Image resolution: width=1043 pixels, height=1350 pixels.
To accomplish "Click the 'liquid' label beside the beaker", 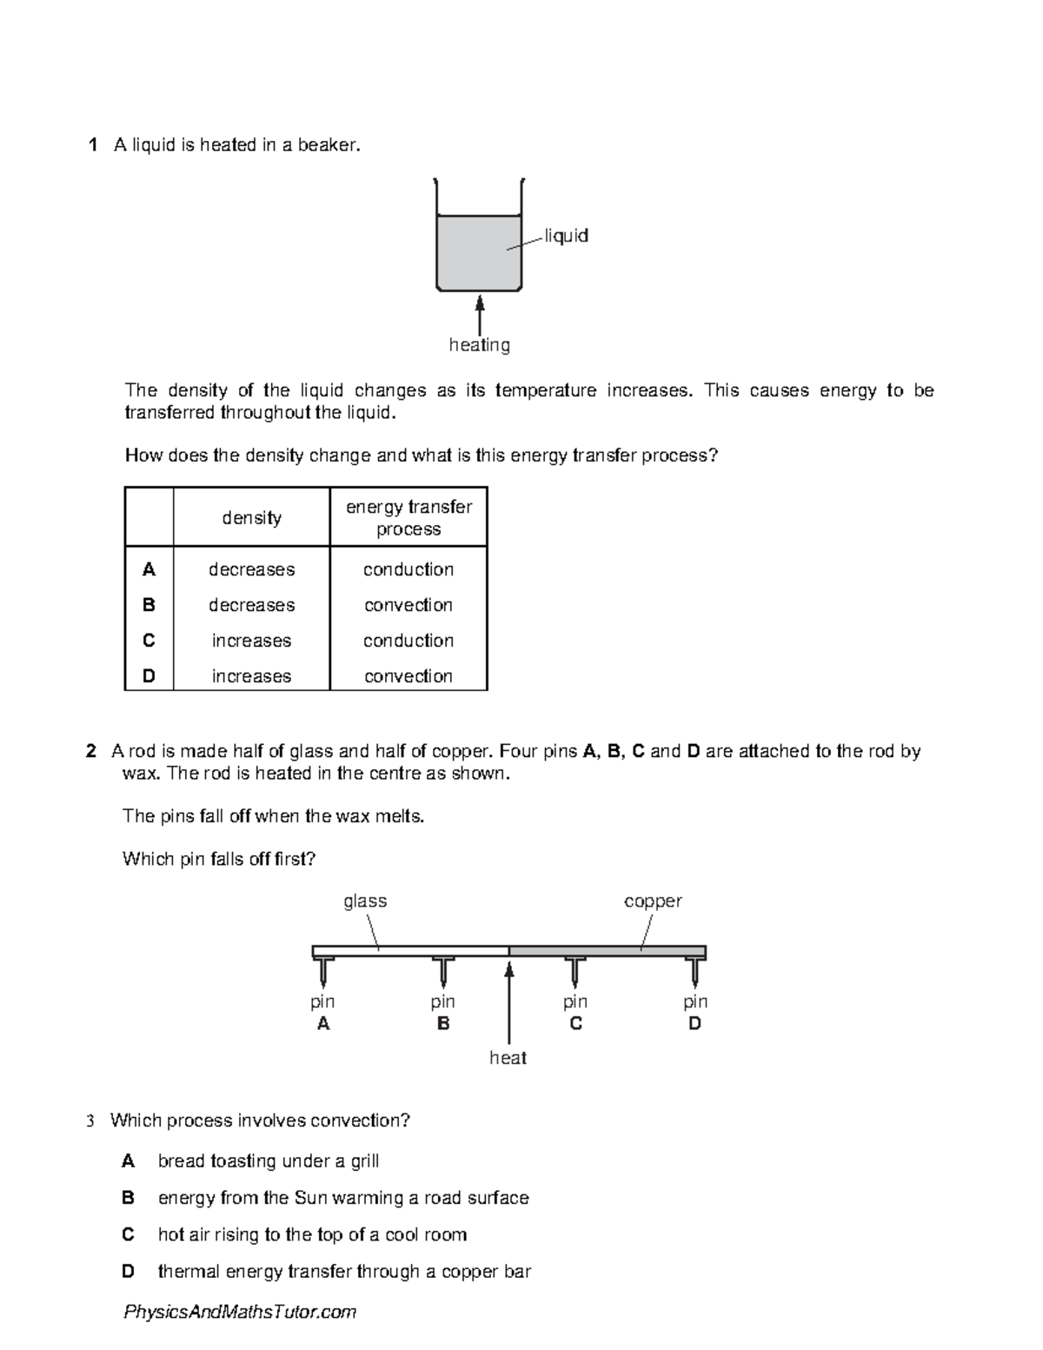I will click(566, 236).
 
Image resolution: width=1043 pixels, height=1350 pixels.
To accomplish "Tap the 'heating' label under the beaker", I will click(479, 345).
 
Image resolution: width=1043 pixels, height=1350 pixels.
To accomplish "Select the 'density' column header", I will click(251, 518).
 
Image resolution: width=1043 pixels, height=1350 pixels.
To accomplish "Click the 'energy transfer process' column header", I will click(409, 518).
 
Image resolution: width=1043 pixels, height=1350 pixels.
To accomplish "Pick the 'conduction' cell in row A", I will click(409, 569).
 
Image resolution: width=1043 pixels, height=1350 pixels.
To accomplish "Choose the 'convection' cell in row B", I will click(409, 605).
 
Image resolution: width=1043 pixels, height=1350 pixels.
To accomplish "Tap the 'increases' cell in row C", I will click(251, 641).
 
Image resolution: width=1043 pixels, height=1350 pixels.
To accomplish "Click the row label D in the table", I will click(149, 676).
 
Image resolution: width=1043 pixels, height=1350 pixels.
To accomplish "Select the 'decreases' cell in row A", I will click(251, 569).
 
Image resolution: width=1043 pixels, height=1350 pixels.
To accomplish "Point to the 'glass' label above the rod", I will click(365, 901).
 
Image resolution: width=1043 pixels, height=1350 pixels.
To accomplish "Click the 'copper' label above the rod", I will click(653, 901).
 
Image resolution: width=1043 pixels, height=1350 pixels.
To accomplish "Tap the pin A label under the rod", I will click(323, 1013).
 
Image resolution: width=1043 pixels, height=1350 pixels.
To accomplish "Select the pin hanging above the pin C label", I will click(575, 971).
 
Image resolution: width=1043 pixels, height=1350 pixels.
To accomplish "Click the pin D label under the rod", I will click(694, 1013).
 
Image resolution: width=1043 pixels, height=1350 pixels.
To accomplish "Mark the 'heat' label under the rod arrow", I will click(508, 1058).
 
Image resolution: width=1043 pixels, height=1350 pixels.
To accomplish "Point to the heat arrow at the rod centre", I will click(509, 1000).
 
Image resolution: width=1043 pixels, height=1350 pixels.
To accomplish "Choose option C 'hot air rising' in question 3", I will click(312, 1234).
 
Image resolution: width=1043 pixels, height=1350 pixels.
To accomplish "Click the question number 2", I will click(91, 751).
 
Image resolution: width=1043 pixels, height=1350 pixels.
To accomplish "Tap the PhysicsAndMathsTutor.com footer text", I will click(240, 1312).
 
